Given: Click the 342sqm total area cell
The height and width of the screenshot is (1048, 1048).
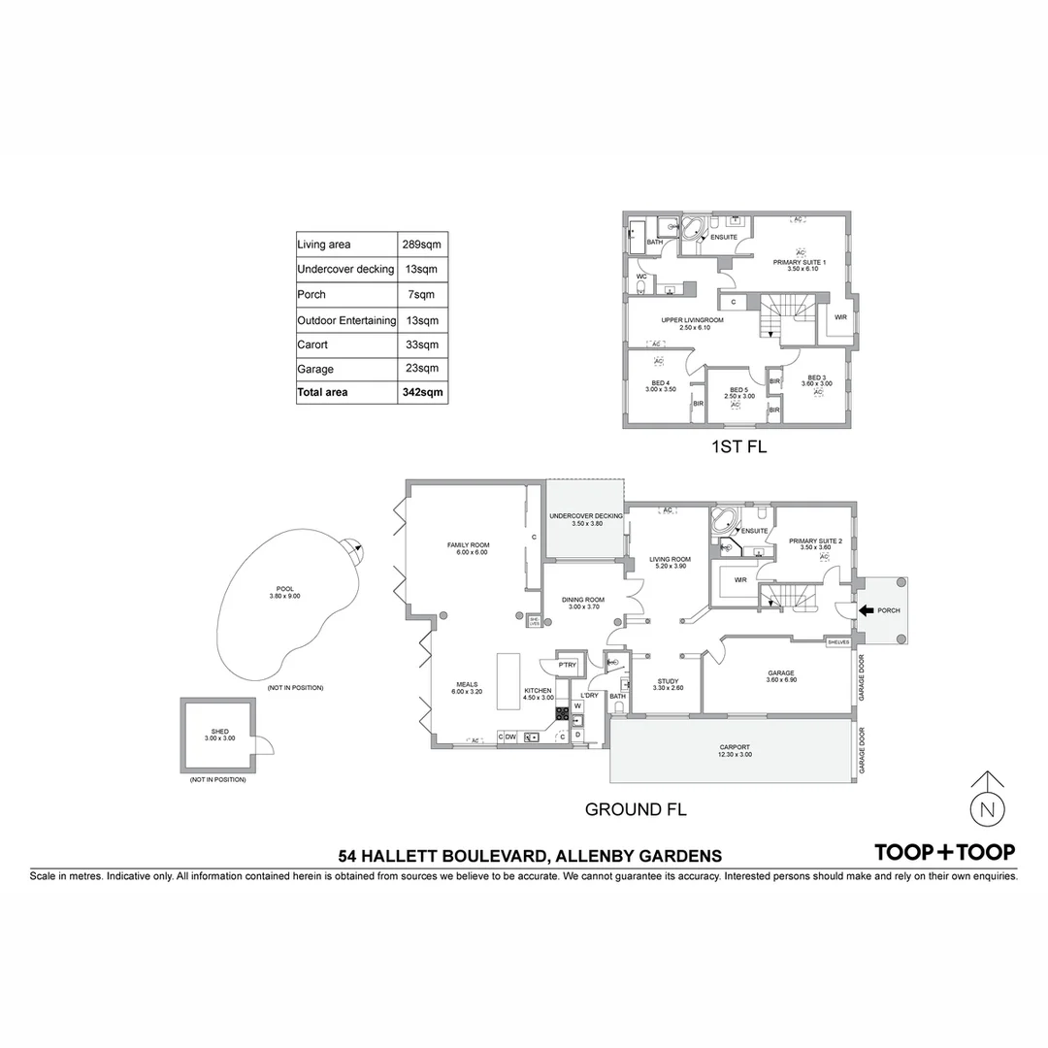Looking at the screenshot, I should [x=422, y=393].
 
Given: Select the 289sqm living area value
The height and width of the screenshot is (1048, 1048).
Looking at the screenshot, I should [x=422, y=245].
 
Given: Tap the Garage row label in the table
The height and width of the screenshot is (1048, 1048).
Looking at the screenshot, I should [x=315, y=369].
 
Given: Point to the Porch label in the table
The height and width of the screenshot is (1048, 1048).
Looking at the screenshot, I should [x=311, y=294].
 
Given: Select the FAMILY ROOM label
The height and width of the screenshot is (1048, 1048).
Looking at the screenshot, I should [x=466, y=545].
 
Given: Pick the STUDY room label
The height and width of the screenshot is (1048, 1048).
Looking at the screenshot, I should [x=667, y=681].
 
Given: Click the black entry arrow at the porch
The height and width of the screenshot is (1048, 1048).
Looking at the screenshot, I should [x=865, y=610].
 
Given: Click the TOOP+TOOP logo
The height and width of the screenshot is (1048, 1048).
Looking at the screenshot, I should [x=945, y=852].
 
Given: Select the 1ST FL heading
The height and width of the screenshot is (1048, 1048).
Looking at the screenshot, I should [x=738, y=448].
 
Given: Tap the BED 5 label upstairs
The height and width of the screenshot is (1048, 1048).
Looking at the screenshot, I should [x=738, y=390].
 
